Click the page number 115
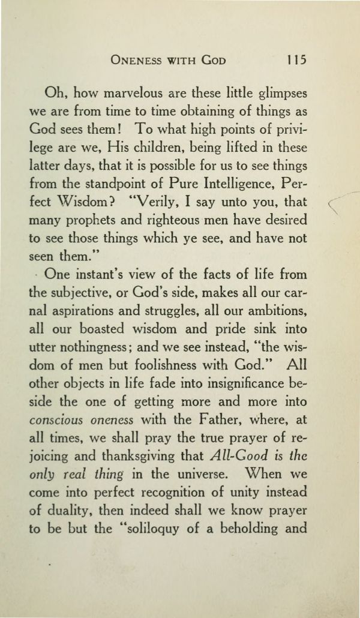[296, 60]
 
